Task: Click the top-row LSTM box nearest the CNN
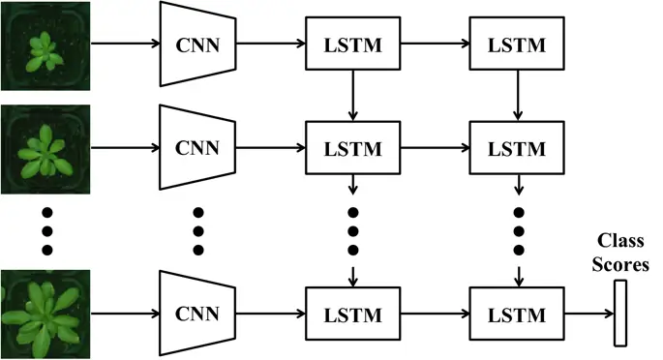point(352,45)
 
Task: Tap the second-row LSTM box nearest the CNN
point(352,149)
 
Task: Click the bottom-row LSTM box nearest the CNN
point(352,313)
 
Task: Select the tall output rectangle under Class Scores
point(621,313)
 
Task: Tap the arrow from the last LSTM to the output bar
point(587,313)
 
